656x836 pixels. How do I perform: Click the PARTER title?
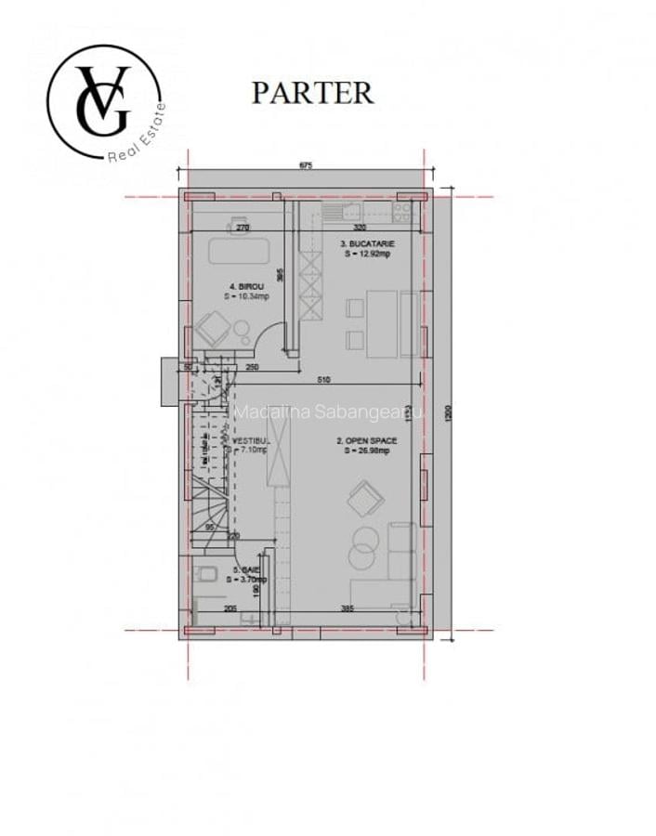coord(312,93)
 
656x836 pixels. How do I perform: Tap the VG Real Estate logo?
coord(104,101)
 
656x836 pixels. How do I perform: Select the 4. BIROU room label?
coord(246,286)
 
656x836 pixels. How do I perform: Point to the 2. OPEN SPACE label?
coord(366,441)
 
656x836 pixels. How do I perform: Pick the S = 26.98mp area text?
coord(366,451)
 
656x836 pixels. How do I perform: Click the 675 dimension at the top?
coord(305,165)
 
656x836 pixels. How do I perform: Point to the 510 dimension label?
coord(322,379)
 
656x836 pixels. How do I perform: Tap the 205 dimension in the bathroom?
coord(230,608)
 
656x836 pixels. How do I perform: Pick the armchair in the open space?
coord(365,498)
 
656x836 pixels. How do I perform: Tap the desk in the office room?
coord(238,251)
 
